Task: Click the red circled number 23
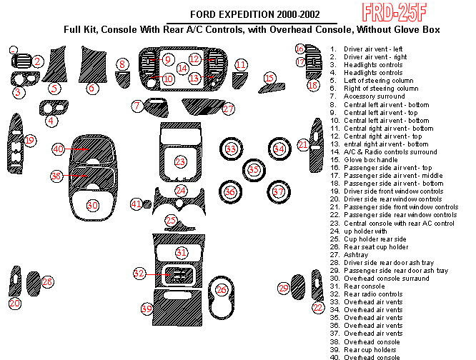(x=181, y=162)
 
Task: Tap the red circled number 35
(x=254, y=170)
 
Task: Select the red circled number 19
(x=29, y=141)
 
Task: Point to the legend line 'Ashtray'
(x=356, y=255)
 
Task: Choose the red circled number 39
(x=147, y=309)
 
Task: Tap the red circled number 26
(x=222, y=290)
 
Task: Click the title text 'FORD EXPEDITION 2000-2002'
(x=254, y=15)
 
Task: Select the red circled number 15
(x=269, y=78)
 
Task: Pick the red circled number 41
(x=137, y=204)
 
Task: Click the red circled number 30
(x=92, y=205)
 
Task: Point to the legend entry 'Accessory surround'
(x=375, y=96)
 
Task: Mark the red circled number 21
(x=303, y=145)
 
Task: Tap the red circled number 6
(x=91, y=89)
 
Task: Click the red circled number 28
(x=47, y=282)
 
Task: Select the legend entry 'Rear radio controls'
(x=373, y=294)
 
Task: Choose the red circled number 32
(x=139, y=274)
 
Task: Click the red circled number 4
(x=52, y=121)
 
